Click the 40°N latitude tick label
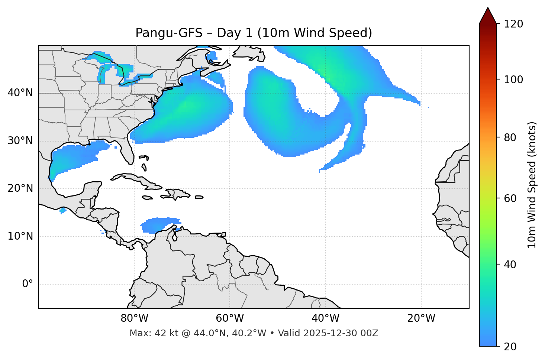point(20,93)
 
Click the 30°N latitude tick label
point(20,141)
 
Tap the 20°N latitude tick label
point(20,188)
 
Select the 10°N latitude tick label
point(20,236)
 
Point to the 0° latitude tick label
point(27,284)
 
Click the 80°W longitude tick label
point(134,318)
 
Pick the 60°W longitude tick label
point(230,318)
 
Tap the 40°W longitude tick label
point(325,318)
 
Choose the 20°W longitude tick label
point(421,318)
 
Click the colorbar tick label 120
point(513,24)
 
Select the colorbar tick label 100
point(513,80)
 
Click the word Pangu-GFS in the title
point(169,33)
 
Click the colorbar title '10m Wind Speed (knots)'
point(532,185)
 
